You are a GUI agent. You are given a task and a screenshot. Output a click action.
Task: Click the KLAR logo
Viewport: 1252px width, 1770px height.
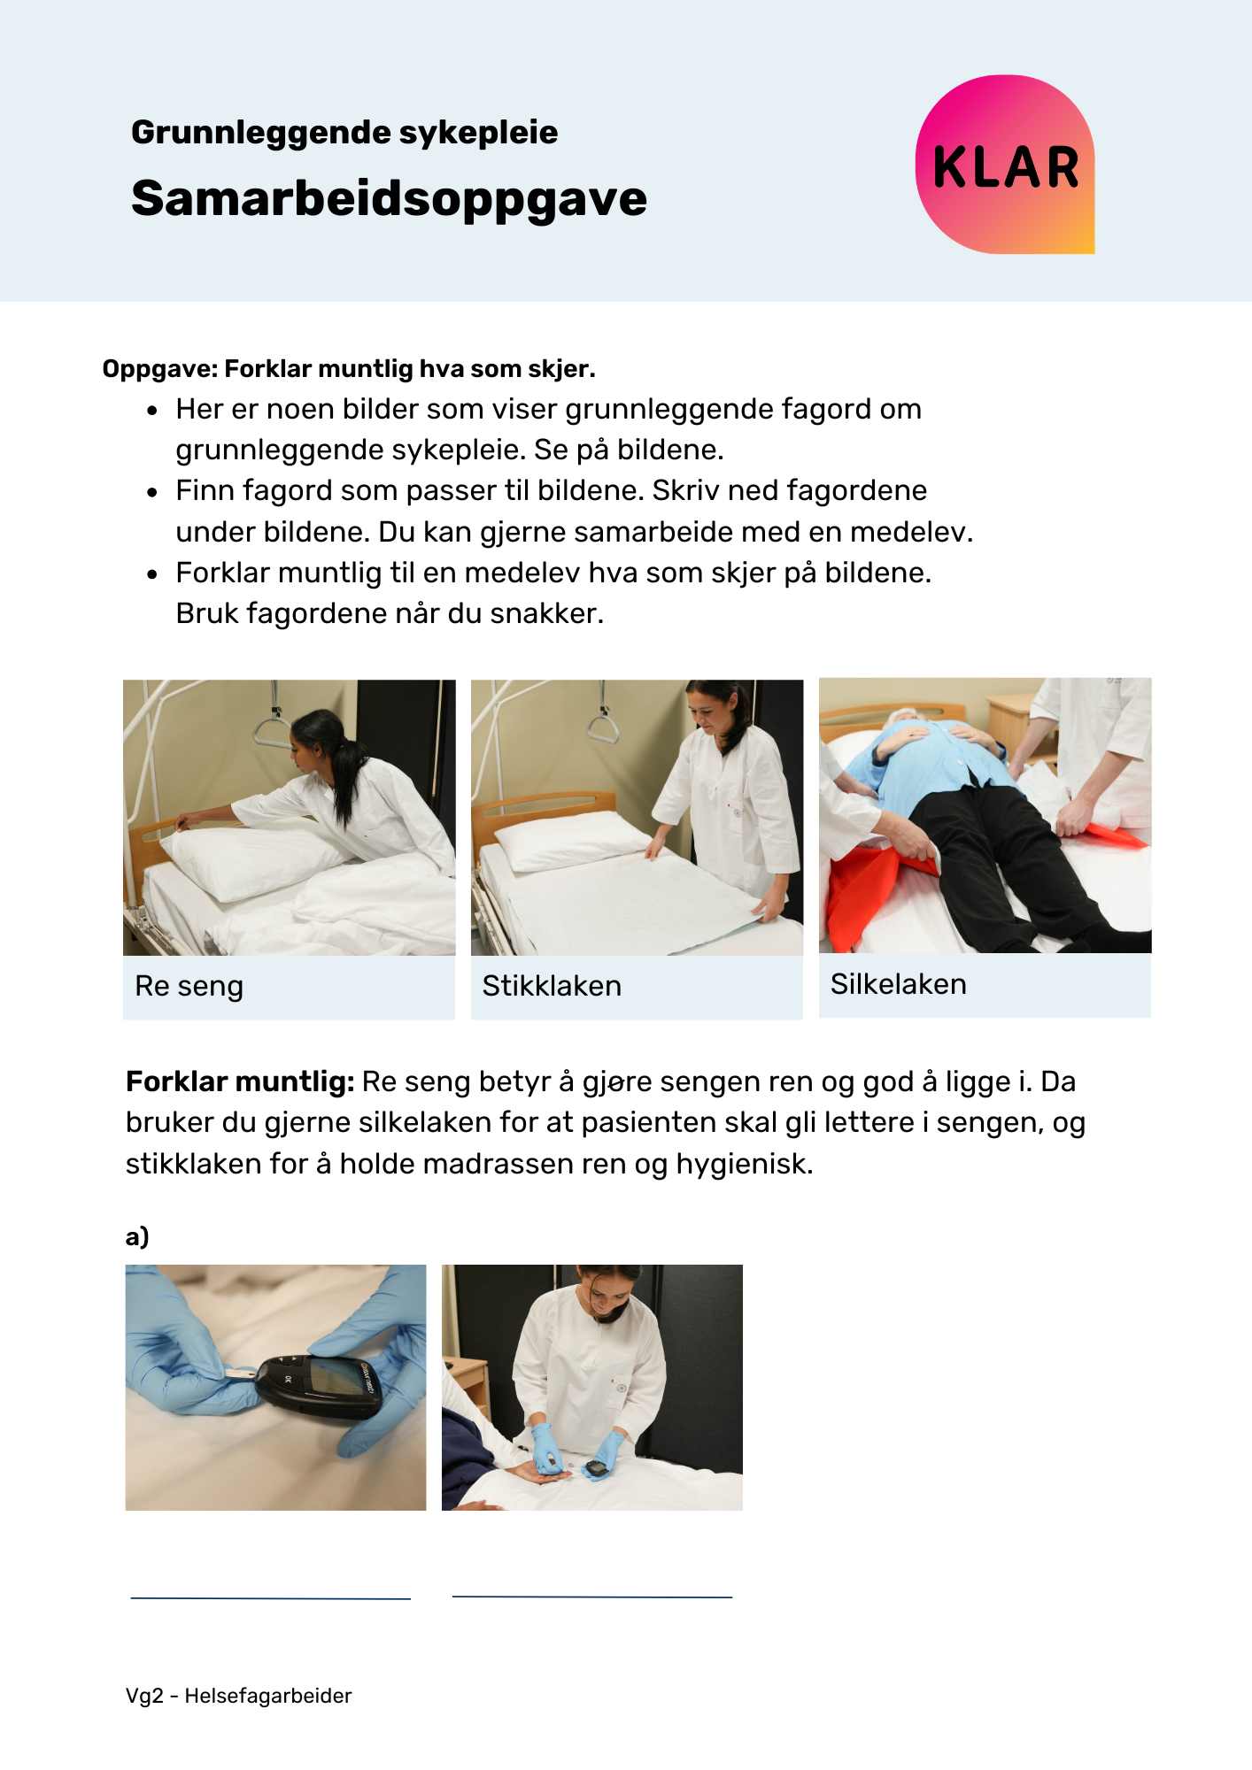1005,165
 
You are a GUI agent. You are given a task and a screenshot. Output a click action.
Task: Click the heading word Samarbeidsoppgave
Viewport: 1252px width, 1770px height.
389,198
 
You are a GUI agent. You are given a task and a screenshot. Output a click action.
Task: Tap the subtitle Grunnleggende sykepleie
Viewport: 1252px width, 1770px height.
344,132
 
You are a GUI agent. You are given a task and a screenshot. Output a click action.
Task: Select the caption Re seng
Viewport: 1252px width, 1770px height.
189,986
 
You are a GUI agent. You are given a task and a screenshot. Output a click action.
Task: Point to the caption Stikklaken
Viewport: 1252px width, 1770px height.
552,986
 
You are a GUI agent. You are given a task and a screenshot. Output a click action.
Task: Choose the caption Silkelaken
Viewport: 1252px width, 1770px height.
898,984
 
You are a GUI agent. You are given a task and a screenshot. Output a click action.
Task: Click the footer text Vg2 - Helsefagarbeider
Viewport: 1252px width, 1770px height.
239,1696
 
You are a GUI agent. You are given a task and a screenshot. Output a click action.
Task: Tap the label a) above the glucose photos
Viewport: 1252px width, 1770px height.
137,1236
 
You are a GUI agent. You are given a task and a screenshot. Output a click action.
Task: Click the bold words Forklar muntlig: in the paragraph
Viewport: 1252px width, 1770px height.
240,1081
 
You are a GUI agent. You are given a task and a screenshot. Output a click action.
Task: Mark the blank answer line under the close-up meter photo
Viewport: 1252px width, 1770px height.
271,1598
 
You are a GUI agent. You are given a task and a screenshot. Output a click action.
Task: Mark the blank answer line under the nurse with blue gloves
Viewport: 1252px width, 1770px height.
592,1597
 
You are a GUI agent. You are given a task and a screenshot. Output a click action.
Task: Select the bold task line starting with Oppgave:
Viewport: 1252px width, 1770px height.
349,369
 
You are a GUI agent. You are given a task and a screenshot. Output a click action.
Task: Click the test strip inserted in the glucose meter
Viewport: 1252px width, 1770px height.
236,1373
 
